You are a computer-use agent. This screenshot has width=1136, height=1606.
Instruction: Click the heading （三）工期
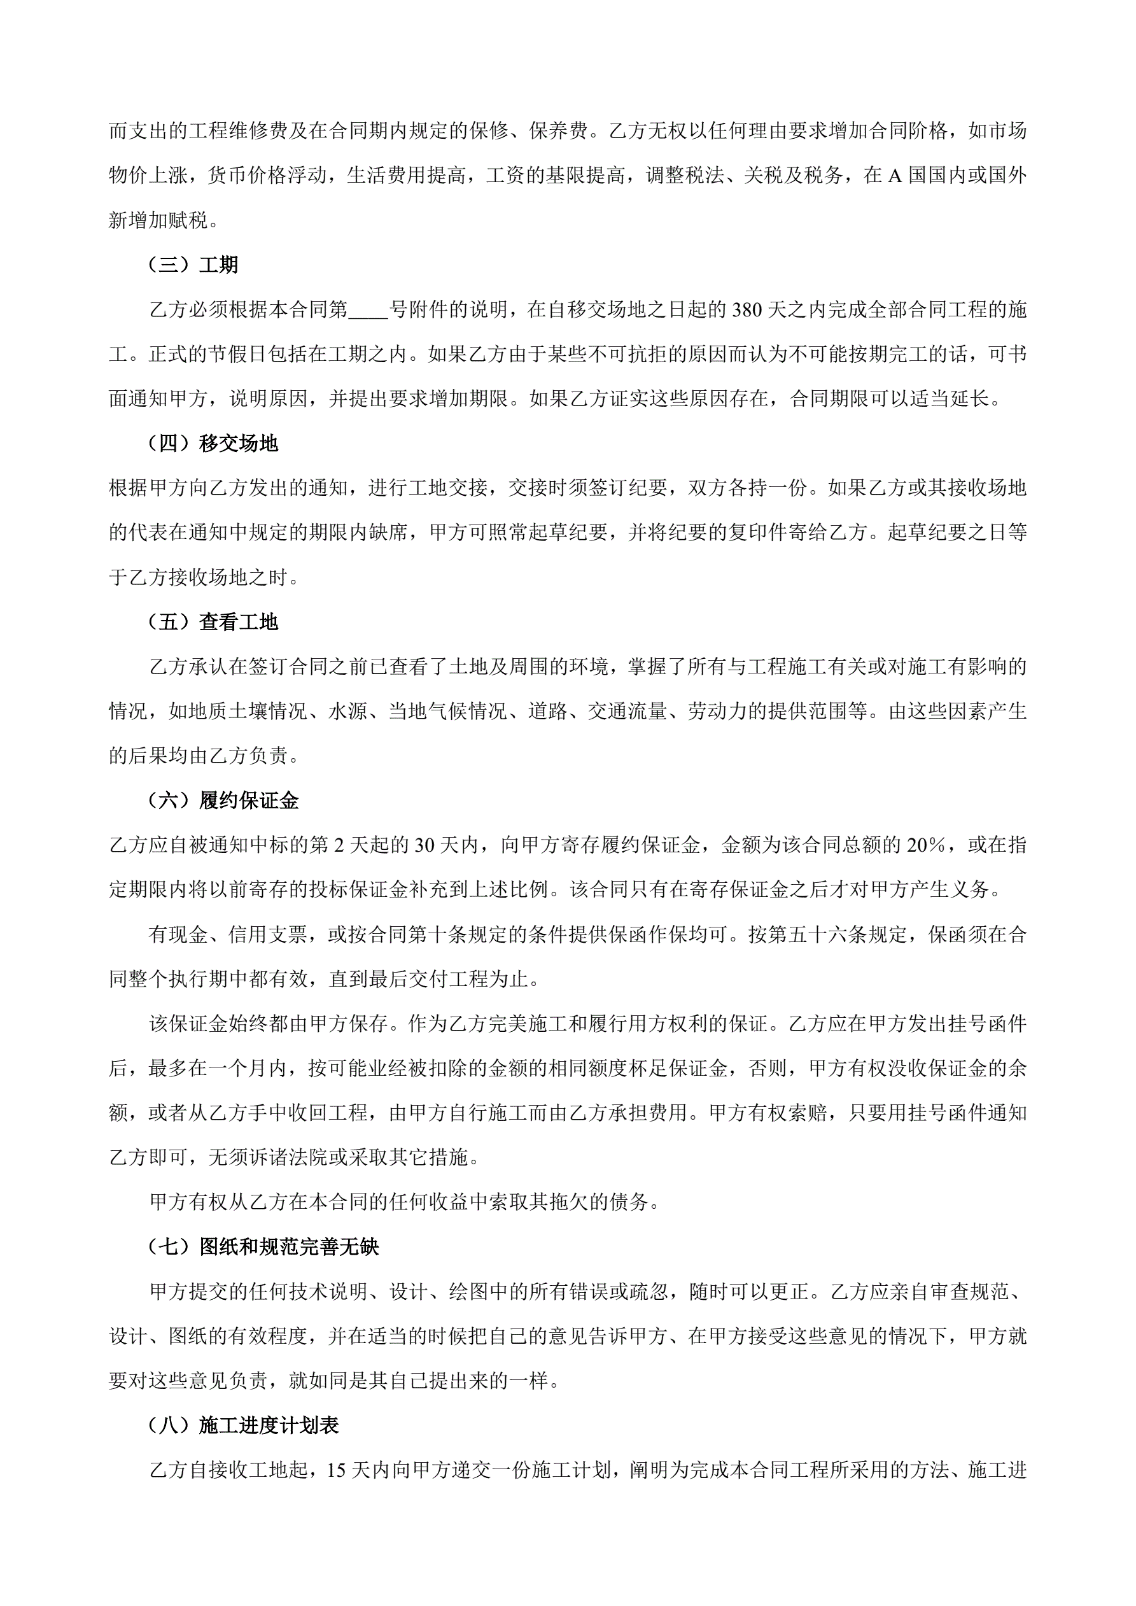click(x=193, y=265)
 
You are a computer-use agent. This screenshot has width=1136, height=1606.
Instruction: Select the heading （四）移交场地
click(x=213, y=444)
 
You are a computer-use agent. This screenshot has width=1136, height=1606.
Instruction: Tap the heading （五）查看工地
click(x=213, y=622)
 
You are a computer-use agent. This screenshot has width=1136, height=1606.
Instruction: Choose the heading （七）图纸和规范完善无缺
click(x=263, y=1246)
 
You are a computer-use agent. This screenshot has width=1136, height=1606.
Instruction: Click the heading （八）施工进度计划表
click(x=242, y=1425)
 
